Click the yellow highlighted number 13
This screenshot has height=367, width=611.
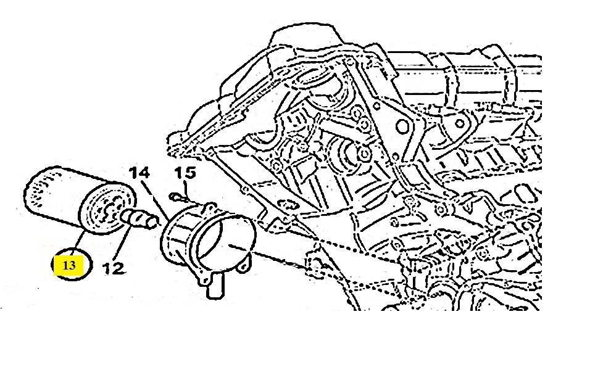69,266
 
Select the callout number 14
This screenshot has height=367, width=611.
140,174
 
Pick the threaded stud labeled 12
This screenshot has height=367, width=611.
138,216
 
